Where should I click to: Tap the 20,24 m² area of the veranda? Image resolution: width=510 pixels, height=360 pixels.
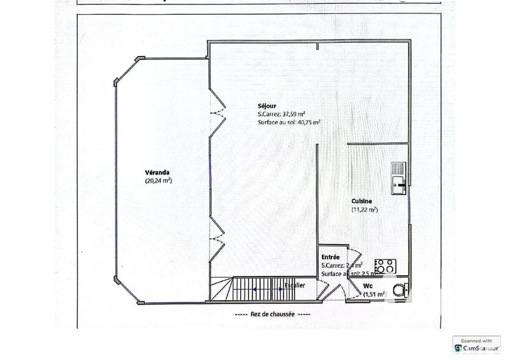click(x=159, y=181)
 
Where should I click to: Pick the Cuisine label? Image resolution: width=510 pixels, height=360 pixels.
click(x=361, y=201)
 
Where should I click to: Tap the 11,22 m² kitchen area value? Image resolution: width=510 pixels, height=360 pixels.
click(x=364, y=210)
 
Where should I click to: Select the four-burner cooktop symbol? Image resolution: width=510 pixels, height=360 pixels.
click(x=386, y=266)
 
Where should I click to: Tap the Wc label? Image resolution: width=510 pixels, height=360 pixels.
click(x=368, y=286)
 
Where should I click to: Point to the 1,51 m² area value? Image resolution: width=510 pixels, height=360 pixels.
click(x=375, y=294)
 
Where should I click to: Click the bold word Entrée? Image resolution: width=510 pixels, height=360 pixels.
click(x=331, y=256)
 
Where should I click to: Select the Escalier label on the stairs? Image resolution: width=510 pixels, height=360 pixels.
click(x=295, y=285)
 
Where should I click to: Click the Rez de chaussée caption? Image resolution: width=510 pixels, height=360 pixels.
click(x=272, y=314)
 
